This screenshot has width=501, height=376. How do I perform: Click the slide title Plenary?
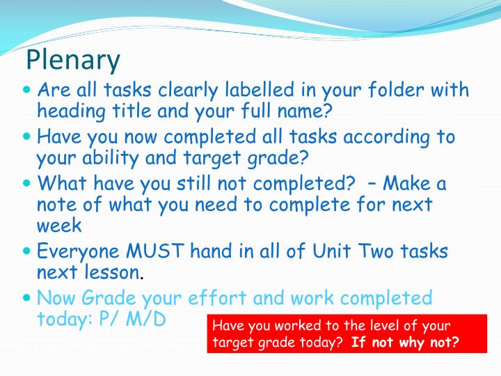[73, 61]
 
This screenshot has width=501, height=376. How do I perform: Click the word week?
[59, 225]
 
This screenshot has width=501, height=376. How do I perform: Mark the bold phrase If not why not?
[405, 342]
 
